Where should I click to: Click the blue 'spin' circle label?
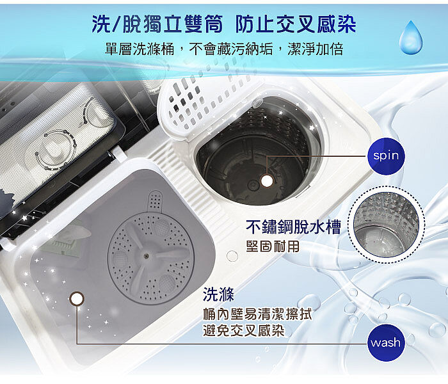tap(386, 156)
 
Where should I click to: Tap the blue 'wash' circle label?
tap(386, 342)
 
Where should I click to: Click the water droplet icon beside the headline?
tap(411, 37)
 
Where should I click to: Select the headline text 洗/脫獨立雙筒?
tap(157, 24)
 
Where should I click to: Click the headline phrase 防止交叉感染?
tap(296, 24)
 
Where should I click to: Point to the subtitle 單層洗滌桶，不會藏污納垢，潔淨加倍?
tap(224, 49)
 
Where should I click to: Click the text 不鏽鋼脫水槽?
tap(293, 227)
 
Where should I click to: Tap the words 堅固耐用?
tap(273, 246)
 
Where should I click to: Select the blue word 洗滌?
tap(218, 294)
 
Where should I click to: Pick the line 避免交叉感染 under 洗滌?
tap(244, 331)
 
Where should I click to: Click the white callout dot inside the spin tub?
tap(267, 180)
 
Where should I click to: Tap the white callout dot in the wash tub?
tap(77, 299)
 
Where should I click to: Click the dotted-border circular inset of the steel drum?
tap(386, 225)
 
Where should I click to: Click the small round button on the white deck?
tap(232, 256)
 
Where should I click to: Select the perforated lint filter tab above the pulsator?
tap(156, 202)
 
